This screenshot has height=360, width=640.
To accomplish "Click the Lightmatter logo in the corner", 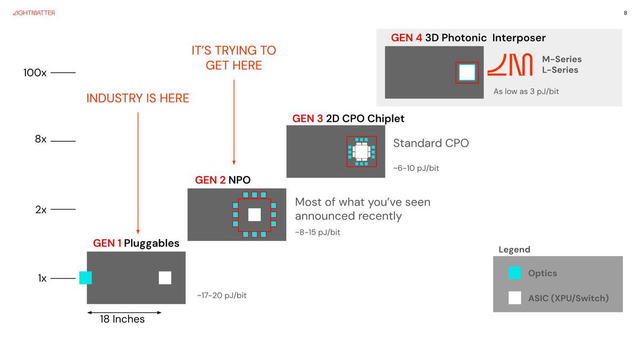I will (x=34, y=13).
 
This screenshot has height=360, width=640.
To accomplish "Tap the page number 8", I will (x=625, y=13).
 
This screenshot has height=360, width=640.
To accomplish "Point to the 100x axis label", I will (x=35, y=73).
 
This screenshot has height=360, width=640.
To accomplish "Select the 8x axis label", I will (x=41, y=139).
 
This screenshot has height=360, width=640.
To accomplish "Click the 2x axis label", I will (x=41, y=210).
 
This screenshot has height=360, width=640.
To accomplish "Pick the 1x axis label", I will (x=42, y=278).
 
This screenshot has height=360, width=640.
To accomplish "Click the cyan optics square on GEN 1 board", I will (x=85, y=278).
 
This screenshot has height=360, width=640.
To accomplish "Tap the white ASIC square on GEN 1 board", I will (x=165, y=278).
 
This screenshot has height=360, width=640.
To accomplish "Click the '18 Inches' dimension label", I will (x=122, y=319).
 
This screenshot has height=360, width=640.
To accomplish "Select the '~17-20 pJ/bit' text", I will (x=222, y=295).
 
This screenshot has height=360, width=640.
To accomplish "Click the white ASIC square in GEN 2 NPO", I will (x=254, y=214).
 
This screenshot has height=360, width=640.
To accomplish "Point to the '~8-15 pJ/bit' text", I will (x=317, y=233).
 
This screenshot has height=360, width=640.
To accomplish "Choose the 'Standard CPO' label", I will (x=430, y=143).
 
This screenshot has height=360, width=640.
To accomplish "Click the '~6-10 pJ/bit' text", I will (x=416, y=168).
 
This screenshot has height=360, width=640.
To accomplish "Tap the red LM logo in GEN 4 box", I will (x=510, y=65).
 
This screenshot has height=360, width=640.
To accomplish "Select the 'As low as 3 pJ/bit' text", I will (x=526, y=91).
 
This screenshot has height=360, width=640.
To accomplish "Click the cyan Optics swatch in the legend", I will (x=515, y=273).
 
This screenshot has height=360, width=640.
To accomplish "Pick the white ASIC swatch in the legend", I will (x=515, y=298).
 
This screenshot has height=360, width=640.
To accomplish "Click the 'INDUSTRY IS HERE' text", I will (x=138, y=98).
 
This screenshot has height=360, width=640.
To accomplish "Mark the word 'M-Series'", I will (x=562, y=59).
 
